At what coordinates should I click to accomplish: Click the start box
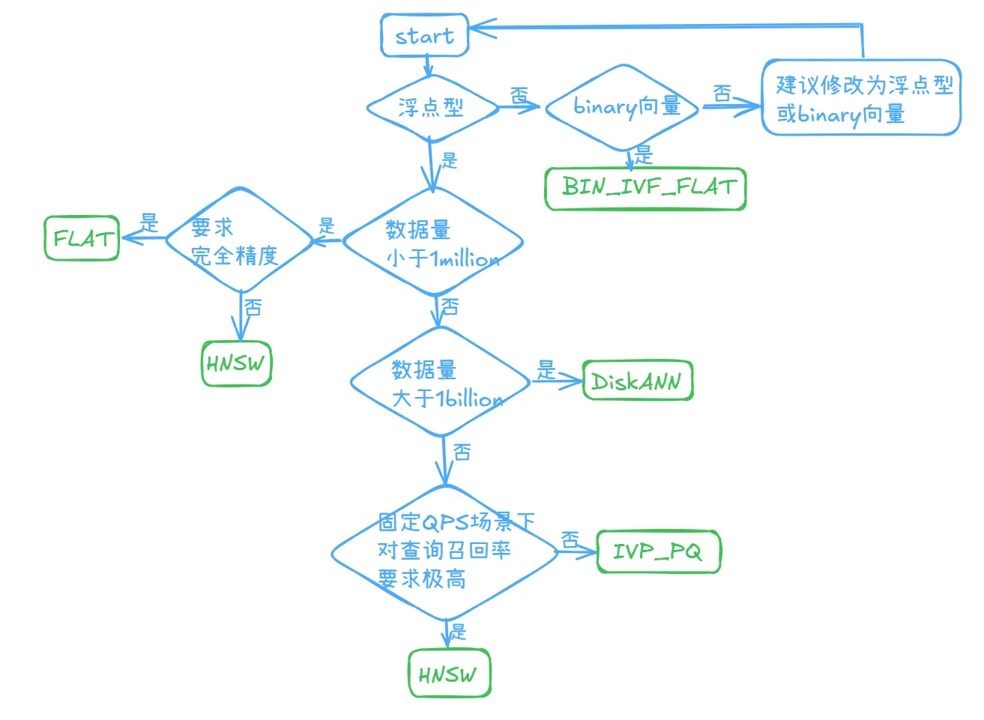point(425,35)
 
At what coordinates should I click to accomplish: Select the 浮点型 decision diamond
point(432,108)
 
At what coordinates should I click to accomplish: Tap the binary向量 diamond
point(622,107)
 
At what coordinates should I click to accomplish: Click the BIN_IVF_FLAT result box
point(645,189)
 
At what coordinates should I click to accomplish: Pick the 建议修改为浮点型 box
point(861,97)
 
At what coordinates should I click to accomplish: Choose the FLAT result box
point(82,238)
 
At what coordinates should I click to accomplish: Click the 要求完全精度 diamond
point(239,240)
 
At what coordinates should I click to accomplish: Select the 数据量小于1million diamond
point(433,241)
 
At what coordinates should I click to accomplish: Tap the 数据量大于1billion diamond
point(440,382)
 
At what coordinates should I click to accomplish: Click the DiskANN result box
point(638,381)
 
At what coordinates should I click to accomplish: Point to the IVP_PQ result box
point(659,551)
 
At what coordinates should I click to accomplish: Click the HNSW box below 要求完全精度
point(236,363)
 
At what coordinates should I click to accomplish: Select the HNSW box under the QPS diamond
point(450,673)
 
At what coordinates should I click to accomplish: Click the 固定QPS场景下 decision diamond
point(444,553)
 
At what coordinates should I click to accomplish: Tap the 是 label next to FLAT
point(149,223)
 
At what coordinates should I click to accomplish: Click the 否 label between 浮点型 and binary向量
point(519,95)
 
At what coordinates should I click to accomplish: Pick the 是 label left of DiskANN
point(546,370)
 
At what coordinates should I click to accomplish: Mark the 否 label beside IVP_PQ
point(570,540)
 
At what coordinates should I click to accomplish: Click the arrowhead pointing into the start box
point(481,28)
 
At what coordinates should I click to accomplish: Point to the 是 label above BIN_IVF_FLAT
point(644,155)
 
